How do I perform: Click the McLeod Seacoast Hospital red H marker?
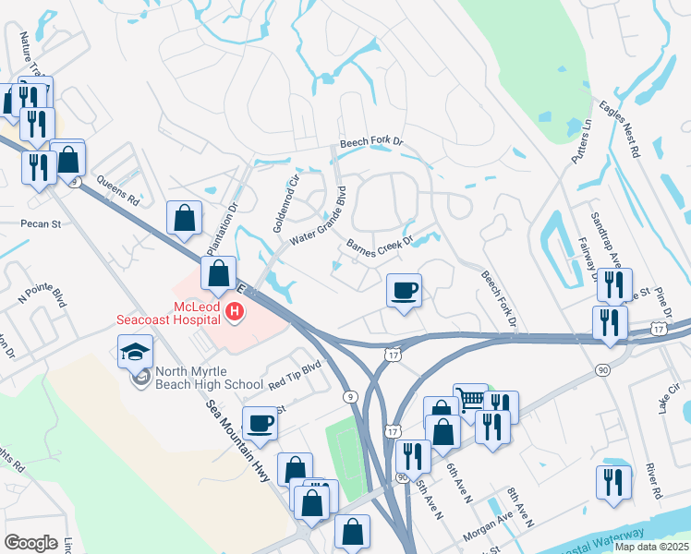235,312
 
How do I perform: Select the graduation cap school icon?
135,351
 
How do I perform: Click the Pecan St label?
41,223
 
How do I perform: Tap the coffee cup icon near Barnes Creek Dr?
404,291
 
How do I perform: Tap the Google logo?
30,543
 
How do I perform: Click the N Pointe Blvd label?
43,295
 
